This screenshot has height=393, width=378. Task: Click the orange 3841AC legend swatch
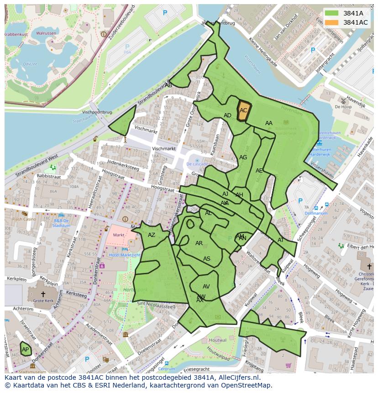[x=332, y=22]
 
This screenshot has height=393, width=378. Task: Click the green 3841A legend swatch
[x=332, y=13]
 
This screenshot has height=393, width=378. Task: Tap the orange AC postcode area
[x=243, y=110]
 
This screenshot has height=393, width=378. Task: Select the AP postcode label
[x=26, y=350]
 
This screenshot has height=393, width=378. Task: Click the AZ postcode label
[x=152, y=235]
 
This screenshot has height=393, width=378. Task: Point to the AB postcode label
[x=168, y=85]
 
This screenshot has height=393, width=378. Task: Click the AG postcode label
[x=243, y=157]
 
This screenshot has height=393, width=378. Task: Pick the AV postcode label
[x=206, y=287]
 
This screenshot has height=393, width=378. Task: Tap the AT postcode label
[x=280, y=240]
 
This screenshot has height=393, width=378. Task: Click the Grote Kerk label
[x=43, y=301]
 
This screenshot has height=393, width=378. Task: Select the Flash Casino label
[x=24, y=219]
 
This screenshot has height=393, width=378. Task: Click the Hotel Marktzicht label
[x=124, y=255]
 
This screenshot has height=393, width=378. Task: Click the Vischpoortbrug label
[x=97, y=112]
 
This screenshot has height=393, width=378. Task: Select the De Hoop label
[x=343, y=107]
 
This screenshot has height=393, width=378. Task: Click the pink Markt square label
[x=119, y=235]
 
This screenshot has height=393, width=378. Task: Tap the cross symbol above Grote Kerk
[x=43, y=294]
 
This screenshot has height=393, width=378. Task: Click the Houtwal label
[x=217, y=340]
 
